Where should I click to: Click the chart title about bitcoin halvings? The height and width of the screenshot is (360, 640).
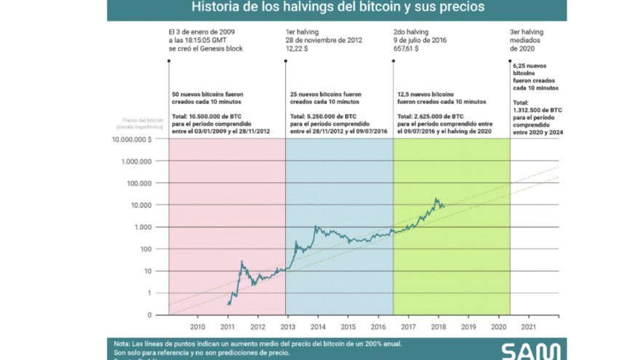(x=337, y=8)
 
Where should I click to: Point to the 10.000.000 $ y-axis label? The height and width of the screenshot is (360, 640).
(x=132, y=139)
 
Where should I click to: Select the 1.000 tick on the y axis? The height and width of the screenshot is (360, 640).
(x=143, y=227)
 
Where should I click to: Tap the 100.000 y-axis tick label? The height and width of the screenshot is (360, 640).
(x=139, y=183)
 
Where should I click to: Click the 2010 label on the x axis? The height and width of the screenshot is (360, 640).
(x=196, y=327)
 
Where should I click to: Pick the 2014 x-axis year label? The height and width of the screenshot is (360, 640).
(x=318, y=327)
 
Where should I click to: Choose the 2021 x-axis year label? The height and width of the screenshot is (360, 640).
(x=529, y=327)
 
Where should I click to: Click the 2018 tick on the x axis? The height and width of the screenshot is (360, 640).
(x=439, y=327)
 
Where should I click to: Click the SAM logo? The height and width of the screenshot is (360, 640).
(x=531, y=351)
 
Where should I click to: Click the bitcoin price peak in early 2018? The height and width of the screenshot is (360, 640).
(x=436, y=199)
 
